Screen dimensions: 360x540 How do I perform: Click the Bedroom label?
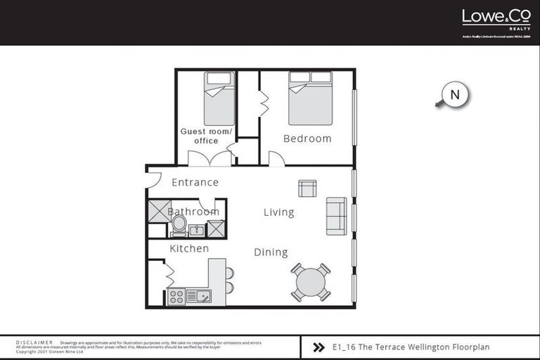point(307,139)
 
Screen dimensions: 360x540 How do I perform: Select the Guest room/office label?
point(206,136)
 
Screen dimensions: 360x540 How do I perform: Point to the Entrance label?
point(195,182)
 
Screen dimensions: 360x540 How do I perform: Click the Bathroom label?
point(193,212)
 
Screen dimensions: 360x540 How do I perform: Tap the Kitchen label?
point(189,248)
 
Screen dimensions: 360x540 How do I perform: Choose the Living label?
point(278,212)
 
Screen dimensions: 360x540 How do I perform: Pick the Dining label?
point(271,252)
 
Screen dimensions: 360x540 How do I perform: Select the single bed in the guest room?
point(219,98)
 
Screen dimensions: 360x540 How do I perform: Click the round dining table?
point(311,283)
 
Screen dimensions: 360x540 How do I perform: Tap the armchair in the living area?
point(307,188)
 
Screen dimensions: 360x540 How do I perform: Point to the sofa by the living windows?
point(335,217)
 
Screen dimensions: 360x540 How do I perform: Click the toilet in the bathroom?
point(179,226)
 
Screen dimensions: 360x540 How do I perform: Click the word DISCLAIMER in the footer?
point(34,342)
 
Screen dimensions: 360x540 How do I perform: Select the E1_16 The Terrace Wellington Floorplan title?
point(411,347)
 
